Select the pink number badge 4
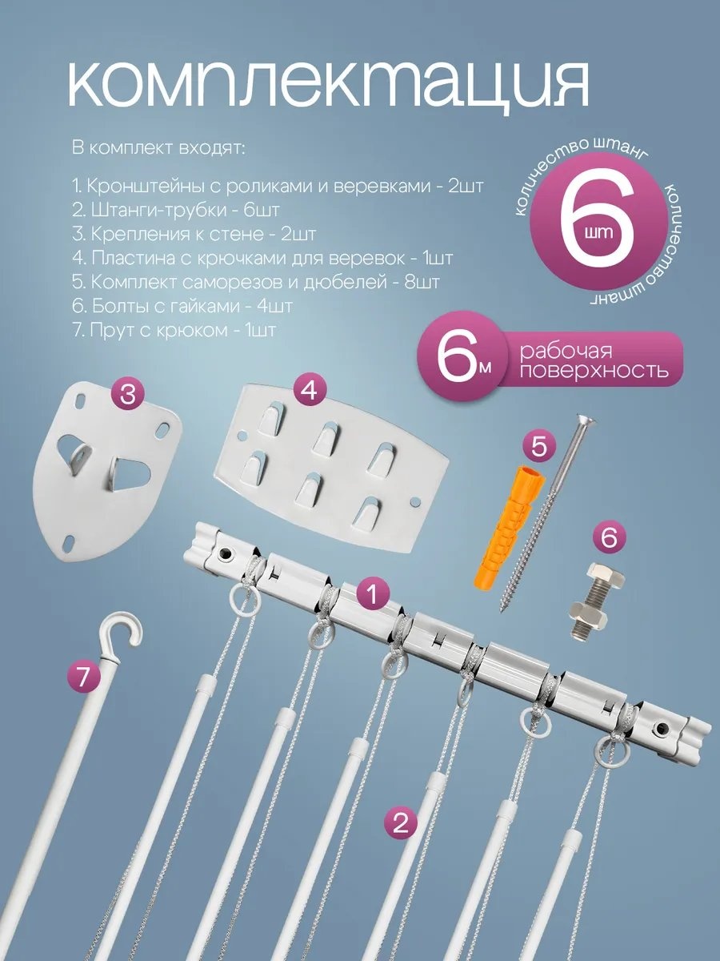click(x=310, y=390)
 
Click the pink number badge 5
click(x=538, y=448)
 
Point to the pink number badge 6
click(x=609, y=537)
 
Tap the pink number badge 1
click(x=372, y=594)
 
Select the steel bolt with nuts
click(x=598, y=599)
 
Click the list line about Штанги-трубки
click(x=175, y=211)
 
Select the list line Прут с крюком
click(x=174, y=330)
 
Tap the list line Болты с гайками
click(x=182, y=306)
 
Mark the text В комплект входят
click(x=158, y=148)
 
